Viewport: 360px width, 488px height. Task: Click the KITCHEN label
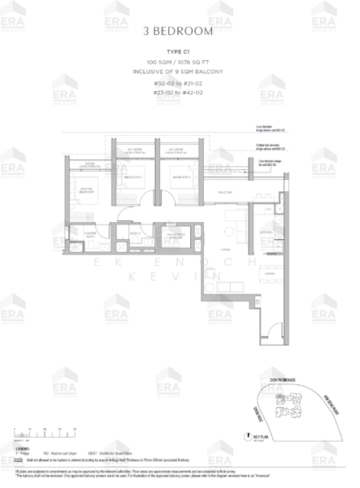pyautogui.click(x=266, y=232)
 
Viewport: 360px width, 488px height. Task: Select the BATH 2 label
pyautogui.click(x=136, y=233)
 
